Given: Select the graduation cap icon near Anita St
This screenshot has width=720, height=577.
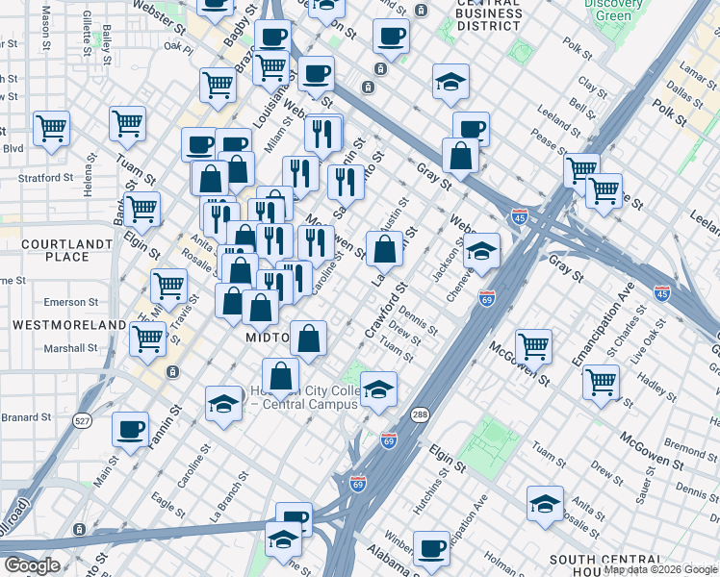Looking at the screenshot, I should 545,503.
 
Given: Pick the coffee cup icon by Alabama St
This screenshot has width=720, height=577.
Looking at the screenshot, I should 432,547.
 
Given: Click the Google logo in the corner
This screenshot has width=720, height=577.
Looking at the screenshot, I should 32,565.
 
